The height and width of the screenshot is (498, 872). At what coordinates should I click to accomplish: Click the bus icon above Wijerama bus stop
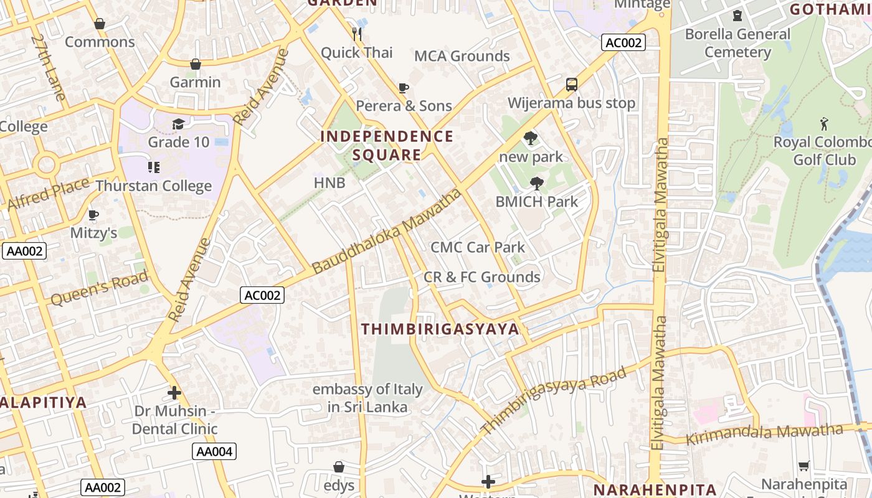(x=571, y=85)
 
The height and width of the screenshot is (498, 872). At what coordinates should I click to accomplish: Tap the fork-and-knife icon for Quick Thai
(x=357, y=34)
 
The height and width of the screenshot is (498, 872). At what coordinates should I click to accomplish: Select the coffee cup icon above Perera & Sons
(x=404, y=88)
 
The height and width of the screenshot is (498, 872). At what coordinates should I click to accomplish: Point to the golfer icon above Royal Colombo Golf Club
(x=824, y=124)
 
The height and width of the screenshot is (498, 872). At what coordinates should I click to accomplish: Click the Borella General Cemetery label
(x=737, y=43)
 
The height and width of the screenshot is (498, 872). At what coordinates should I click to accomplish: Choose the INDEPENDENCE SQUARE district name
(x=387, y=146)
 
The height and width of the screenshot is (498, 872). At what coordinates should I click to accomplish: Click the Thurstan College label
(x=154, y=186)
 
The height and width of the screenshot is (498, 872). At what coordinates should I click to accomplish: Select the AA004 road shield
(x=215, y=451)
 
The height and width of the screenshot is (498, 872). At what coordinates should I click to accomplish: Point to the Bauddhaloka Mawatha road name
(x=387, y=232)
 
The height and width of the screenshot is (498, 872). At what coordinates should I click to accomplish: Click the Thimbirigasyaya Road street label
(x=554, y=401)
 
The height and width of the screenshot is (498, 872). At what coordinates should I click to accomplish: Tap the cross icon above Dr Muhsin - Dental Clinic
(x=174, y=393)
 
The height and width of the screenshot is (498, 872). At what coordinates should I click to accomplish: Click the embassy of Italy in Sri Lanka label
(x=367, y=398)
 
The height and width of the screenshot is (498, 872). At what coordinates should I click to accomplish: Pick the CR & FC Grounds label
(x=482, y=277)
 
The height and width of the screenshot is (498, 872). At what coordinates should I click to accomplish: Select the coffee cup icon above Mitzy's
(x=93, y=215)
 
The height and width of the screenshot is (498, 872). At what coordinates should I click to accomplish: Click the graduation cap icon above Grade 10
(x=178, y=124)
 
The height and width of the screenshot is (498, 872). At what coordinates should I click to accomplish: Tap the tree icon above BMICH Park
(x=536, y=184)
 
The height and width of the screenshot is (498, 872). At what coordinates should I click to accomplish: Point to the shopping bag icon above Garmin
(x=196, y=64)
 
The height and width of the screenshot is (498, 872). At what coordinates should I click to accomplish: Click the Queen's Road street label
(x=100, y=288)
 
